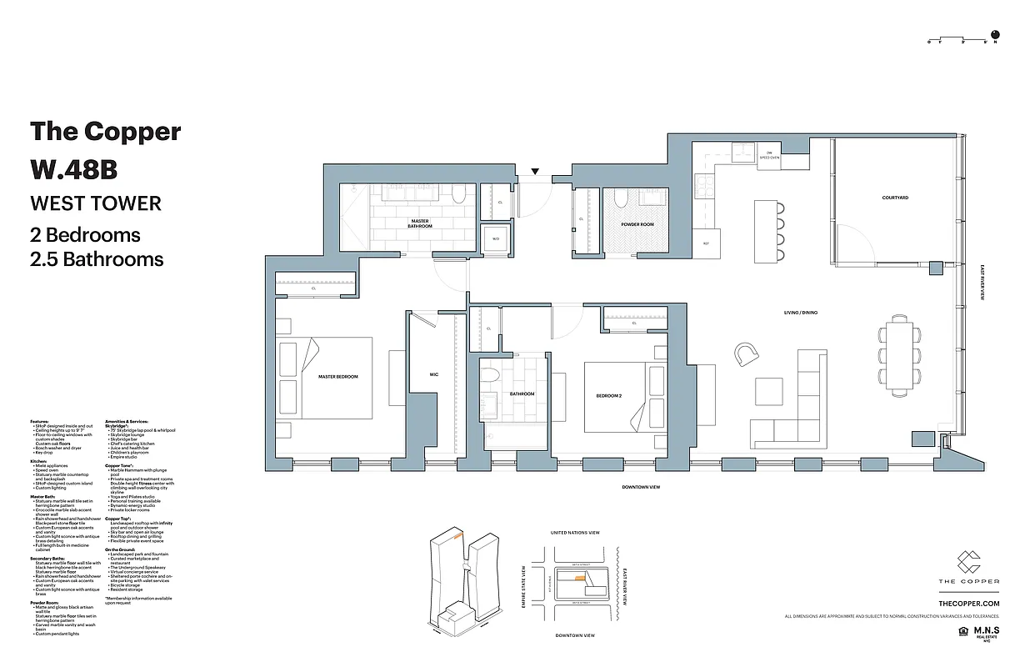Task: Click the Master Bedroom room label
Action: coord(337,377)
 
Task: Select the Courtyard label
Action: coord(894,198)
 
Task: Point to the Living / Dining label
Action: coord(800,313)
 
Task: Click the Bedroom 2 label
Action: coord(608,395)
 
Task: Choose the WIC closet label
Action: coord(433,374)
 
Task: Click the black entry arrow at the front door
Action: coord(535,173)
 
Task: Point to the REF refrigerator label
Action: coord(706,243)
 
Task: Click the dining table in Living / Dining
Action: coord(900,354)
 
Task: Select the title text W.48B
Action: coord(74,169)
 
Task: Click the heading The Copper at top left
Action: coord(105,131)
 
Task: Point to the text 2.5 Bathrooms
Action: coord(97,258)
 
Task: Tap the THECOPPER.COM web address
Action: coord(968,603)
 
